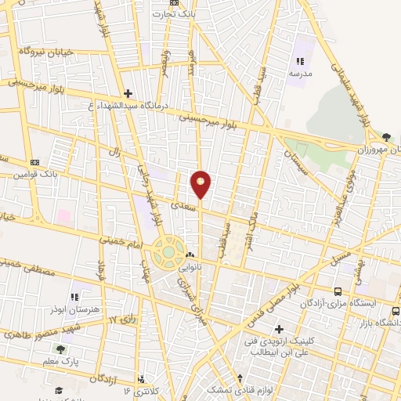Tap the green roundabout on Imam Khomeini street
pyautogui.click(x=168, y=252)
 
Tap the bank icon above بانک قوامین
pyautogui.click(x=34, y=161)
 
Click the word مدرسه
pyautogui.click(x=299, y=72)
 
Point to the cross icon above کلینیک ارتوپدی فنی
pyautogui.click(x=277, y=328)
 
